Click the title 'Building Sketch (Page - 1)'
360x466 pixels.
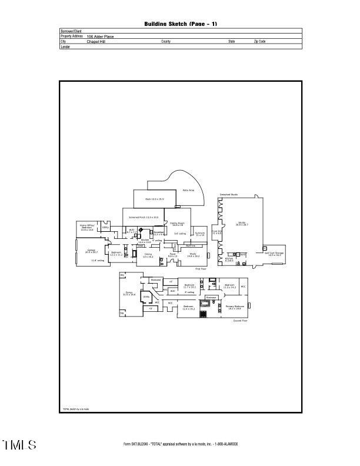pos(181,24)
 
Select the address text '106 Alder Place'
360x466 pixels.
pos(100,36)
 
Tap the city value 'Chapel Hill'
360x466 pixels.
pos(96,42)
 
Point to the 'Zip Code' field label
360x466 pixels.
pos(259,42)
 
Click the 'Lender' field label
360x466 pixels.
pos(65,46)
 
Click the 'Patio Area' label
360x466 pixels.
pos(188,190)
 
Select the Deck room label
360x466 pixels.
pos(155,199)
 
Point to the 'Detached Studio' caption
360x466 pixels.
pos(228,194)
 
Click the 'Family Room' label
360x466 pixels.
pos(177,224)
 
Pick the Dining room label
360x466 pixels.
pos(148,255)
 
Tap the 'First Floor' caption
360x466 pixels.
pos(200,268)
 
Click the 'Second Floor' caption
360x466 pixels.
pos(240,321)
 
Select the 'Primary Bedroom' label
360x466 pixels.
pos(235,307)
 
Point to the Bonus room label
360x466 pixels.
pos(129,294)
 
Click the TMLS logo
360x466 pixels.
pos(20,445)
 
